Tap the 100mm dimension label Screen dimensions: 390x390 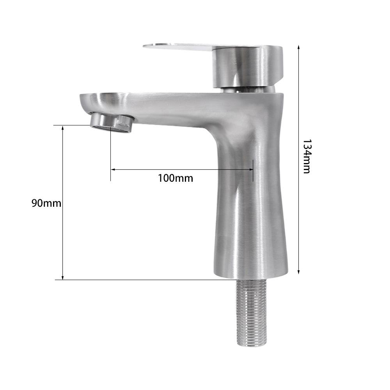click(x=175, y=178)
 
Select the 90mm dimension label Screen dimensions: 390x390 click(x=46, y=203)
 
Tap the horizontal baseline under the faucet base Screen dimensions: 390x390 click(x=136, y=280)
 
